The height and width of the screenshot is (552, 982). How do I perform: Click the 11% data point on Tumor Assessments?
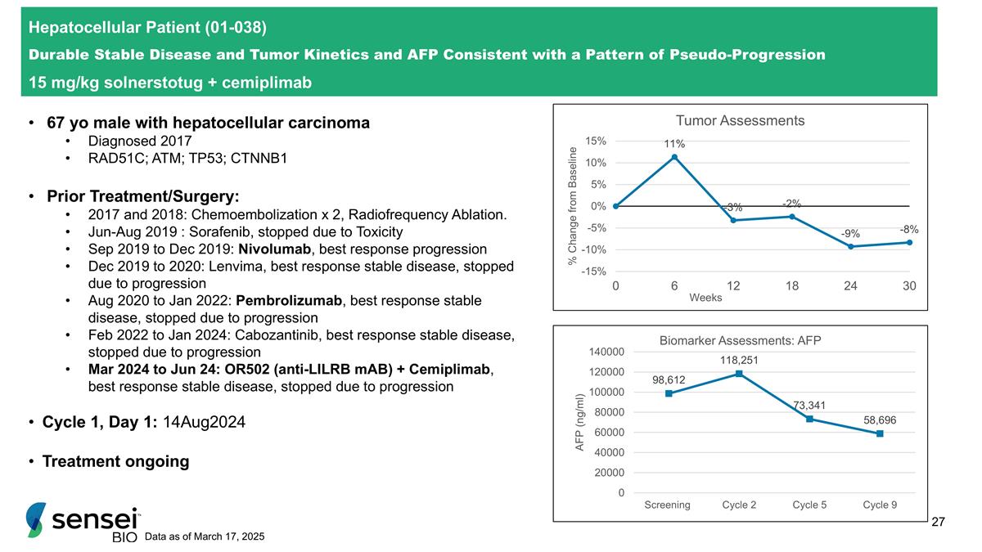(x=674, y=157)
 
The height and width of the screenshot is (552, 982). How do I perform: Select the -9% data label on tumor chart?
(x=850, y=234)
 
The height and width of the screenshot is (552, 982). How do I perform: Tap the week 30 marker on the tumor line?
(x=909, y=242)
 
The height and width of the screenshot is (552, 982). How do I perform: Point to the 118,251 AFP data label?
(x=738, y=359)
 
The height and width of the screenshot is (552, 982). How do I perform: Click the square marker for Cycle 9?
(x=880, y=433)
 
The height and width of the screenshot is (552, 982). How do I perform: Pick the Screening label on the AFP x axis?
(x=667, y=505)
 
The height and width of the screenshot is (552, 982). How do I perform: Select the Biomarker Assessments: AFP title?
(x=740, y=340)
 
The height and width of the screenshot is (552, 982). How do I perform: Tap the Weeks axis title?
(x=705, y=298)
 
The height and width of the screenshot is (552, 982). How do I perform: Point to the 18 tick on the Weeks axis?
(x=792, y=286)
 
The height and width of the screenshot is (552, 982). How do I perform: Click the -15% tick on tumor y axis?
(x=595, y=271)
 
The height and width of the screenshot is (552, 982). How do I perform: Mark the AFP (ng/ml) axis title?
(x=580, y=422)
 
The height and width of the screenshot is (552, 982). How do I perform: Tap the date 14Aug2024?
(x=204, y=423)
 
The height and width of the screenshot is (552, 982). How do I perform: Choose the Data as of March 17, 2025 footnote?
(x=204, y=536)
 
